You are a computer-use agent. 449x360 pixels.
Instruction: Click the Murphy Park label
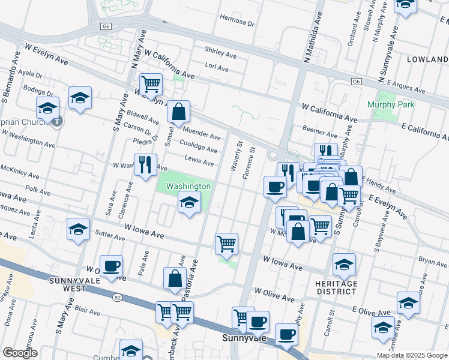390,104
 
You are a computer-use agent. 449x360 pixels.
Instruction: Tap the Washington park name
188,186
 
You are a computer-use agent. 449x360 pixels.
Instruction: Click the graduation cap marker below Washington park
188,203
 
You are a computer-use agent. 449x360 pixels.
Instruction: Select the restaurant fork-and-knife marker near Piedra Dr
145,164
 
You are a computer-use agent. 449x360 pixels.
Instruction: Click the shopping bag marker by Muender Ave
178,111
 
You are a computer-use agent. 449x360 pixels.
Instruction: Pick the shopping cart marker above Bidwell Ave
151,84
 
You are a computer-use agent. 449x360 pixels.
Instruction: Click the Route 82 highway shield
116,296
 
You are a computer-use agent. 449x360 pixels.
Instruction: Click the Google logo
20,353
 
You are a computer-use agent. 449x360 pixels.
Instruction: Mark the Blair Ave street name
88,313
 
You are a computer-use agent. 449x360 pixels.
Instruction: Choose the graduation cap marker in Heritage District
343,264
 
